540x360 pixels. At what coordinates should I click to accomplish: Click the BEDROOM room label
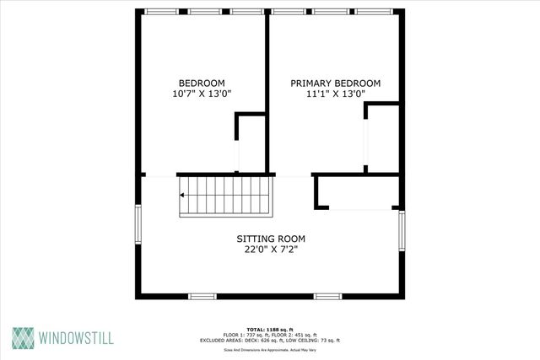[x=201, y=83]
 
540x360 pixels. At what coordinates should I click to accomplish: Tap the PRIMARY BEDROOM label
[x=335, y=83]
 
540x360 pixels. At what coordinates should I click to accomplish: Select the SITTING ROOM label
[x=270, y=239]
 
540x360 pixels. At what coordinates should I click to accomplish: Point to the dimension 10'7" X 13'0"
[x=201, y=94]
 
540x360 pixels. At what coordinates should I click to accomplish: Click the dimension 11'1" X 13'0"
[x=335, y=95]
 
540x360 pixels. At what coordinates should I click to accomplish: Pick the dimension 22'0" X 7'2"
[x=270, y=250]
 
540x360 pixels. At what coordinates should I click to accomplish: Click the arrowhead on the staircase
[x=183, y=196]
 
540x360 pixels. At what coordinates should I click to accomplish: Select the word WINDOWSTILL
[x=76, y=339]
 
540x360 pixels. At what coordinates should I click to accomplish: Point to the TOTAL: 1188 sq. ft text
[x=269, y=329]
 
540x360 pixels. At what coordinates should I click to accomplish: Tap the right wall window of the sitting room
[x=402, y=232]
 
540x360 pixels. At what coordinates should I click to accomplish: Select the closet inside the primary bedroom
[x=381, y=139]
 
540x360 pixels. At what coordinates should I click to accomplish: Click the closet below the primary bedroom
[x=358, y=191]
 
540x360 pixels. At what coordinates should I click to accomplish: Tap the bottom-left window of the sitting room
[x=202, y=295]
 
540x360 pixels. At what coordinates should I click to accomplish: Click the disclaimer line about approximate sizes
[x=269, y=348]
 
